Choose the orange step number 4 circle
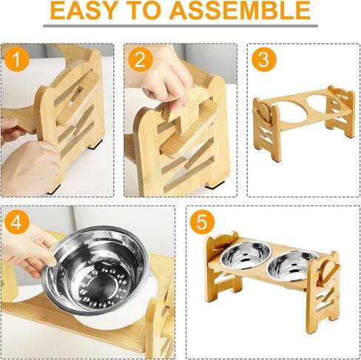[16, 221]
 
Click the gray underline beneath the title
[180, 25]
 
